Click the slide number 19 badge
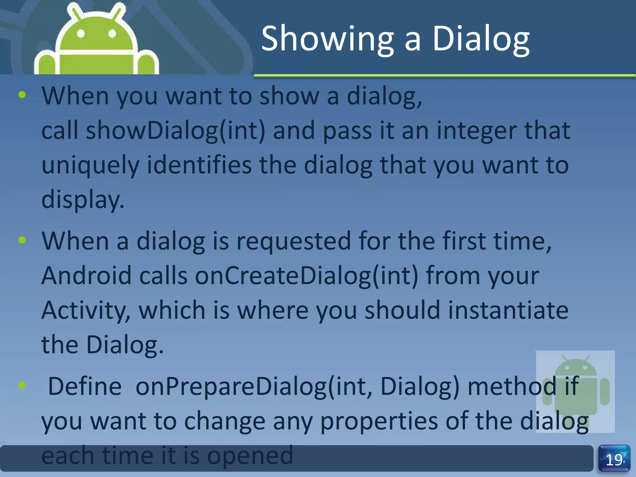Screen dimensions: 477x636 [x=614, y=459]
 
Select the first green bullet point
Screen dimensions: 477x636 [x=22, y=95]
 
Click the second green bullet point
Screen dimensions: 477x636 [x=22, y=240]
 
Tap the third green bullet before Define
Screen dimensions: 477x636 [x=22, y=385]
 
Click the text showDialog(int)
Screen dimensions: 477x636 [x=175, y=130]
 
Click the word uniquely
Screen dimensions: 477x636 [x=90, y=165]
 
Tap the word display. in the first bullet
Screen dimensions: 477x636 [x=83, y=199]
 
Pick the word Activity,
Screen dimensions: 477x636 [x=86, y=311]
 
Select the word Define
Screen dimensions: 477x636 [x=85, y=386]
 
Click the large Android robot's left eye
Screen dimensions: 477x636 [x=81, y=34]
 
